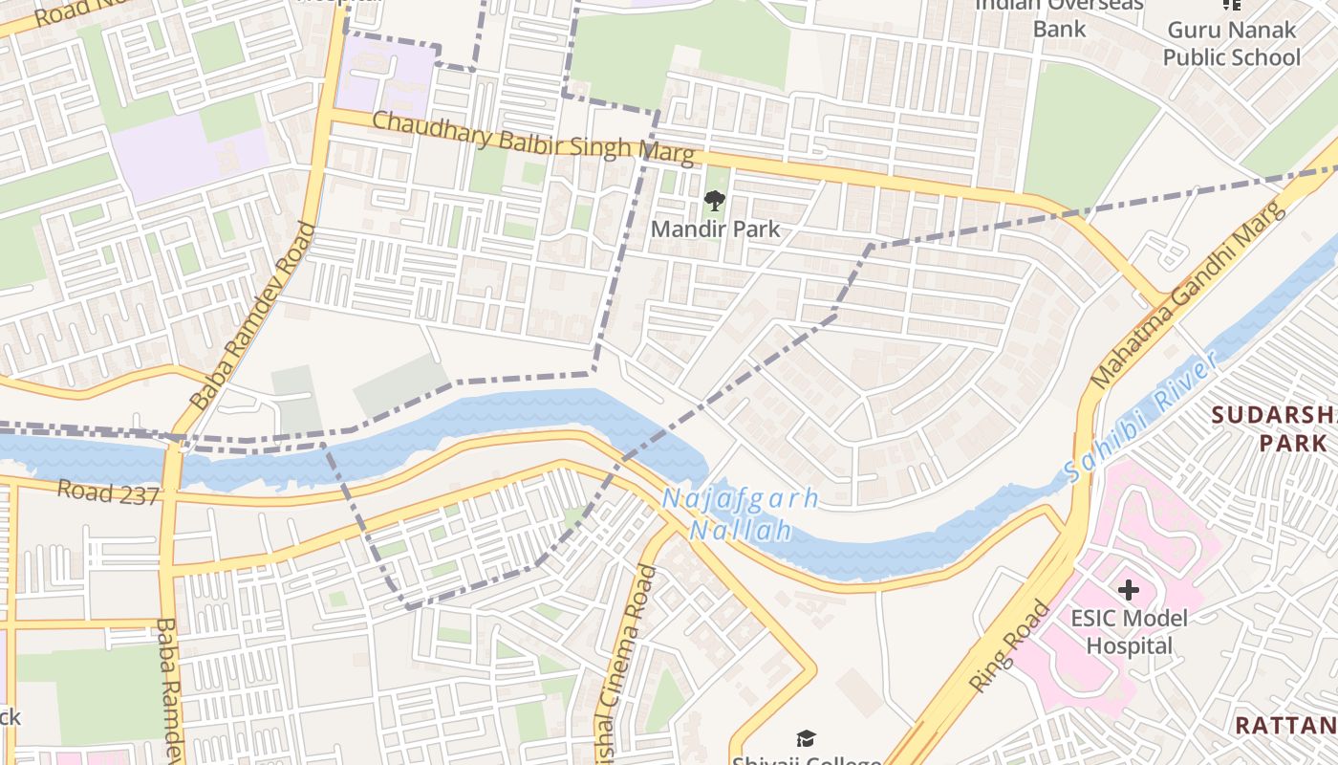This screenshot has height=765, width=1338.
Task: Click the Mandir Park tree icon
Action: coord(714,200)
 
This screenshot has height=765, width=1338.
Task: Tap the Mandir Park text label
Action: coord(715,229)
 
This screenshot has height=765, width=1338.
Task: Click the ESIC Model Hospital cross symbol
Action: coord(1129,590)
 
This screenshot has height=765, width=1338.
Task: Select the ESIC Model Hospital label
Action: coord(1129,632)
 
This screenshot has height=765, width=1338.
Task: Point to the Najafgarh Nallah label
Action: coord(741,514)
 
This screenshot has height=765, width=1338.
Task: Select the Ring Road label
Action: coord(1009,645)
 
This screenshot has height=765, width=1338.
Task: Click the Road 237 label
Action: coord(107,492)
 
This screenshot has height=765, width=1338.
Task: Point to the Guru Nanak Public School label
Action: coord(1231,44)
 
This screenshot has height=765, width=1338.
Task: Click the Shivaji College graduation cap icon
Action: coord(806,738)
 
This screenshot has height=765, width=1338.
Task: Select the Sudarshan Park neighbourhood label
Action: coord(1277,429)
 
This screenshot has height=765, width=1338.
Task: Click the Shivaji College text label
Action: coord(806,760)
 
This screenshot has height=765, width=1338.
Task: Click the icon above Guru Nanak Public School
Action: coord(1232,4)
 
